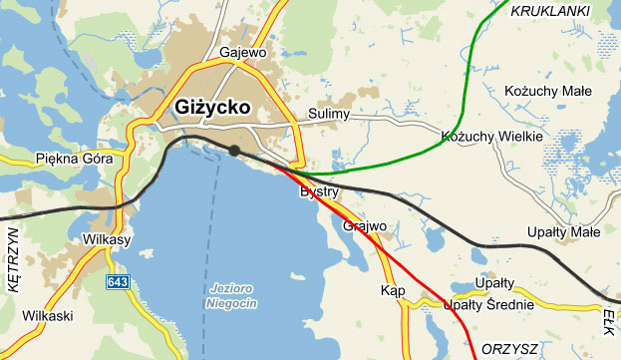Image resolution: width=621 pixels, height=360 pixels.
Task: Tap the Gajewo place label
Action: [241, 52]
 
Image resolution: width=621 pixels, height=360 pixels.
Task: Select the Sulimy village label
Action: [329, 115]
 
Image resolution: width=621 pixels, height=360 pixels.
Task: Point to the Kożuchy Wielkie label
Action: [491, 136]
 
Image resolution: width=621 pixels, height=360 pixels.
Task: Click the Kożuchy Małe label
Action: [548, 91]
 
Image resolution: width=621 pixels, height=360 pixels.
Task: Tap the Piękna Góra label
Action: [67, 159]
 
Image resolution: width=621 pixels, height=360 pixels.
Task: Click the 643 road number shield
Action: [118, 283]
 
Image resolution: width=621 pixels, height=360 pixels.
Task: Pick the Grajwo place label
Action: [364, 226]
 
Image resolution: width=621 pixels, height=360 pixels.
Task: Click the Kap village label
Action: [392, 290]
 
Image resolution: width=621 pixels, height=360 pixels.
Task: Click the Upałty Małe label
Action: [563, 233]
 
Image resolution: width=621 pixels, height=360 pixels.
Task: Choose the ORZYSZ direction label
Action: [509, 349]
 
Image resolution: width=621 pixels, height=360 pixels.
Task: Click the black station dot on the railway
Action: [234, 151]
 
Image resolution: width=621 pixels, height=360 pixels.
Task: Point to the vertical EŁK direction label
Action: [610, 319]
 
